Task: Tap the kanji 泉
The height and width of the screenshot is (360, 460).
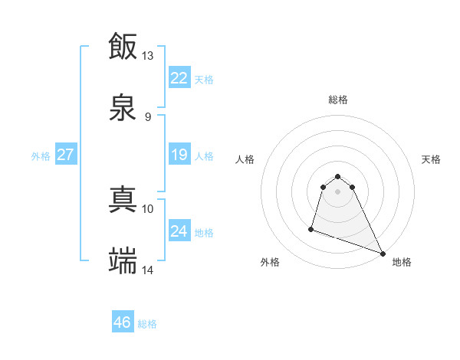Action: (x=123, y=108)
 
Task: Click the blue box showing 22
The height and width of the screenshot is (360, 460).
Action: (x=179, y=78)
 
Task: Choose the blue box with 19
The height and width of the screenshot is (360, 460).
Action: (x=179, y=155)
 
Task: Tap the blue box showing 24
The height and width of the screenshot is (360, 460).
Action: (x=179, y=231)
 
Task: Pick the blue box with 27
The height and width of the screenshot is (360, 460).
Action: (x=66, y=155)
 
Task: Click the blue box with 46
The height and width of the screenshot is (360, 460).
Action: (x=123, y=322)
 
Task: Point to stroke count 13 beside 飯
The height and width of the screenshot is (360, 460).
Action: (x=147, y=56)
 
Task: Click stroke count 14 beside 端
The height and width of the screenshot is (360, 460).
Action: (x=147, y=270)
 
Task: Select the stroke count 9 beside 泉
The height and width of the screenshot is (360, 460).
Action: (x=147, y=117)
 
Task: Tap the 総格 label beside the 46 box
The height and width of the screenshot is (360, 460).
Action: (x=147, y=324)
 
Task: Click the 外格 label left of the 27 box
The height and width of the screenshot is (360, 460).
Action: (x=41, y=156)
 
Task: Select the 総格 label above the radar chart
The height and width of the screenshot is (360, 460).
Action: (x=338, y=100)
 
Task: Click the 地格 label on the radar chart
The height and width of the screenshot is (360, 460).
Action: (x=402, y=262)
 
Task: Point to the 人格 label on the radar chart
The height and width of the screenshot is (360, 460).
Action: (x=245, y=159)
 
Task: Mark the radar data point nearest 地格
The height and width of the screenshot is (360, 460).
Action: (x=383, y=254)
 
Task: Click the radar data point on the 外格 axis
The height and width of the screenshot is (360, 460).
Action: (x=311, y=228)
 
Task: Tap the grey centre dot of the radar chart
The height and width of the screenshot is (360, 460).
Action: (x=338, y=191)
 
